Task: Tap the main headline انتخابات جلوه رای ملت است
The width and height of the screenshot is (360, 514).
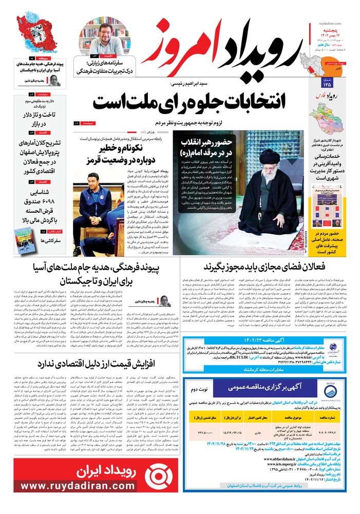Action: click(188, 101)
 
